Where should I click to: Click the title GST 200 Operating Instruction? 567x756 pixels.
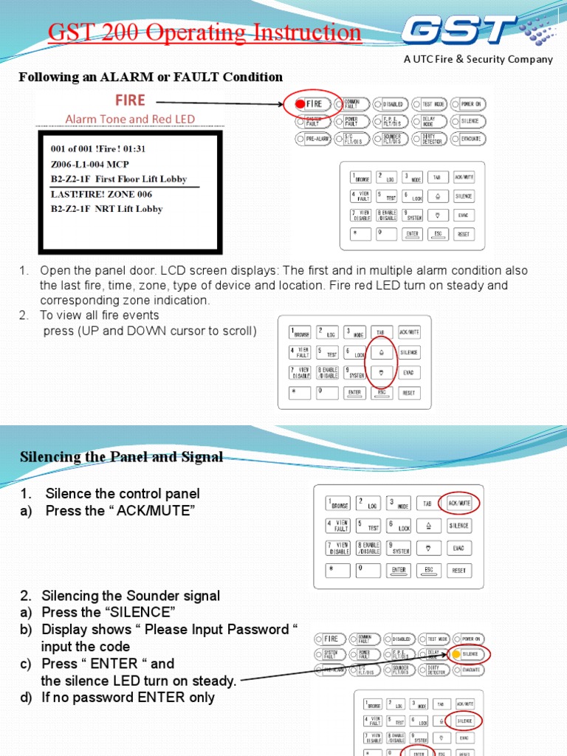[x=205, y=33]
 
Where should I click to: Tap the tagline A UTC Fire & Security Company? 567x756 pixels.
[x=478, y=60]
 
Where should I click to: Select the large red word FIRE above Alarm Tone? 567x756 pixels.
[x=128, y=100]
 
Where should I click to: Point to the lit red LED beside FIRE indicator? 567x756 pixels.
[x=299, y=104]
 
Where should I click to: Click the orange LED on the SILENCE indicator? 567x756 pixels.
[x=456, y=654]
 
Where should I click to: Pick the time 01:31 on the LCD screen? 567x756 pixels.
[x=133, y=148]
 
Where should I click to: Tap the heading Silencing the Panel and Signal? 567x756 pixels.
[x=121, y=457]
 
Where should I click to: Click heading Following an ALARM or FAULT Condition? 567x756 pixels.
[x=151, y=77]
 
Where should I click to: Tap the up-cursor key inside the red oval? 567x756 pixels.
[x=381, y=353]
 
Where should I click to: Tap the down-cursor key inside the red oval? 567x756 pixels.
[x=381, y=373]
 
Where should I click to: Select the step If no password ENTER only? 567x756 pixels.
[x=128, y=697]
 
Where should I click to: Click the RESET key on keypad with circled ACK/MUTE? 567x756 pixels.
[x=458, y=571]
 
